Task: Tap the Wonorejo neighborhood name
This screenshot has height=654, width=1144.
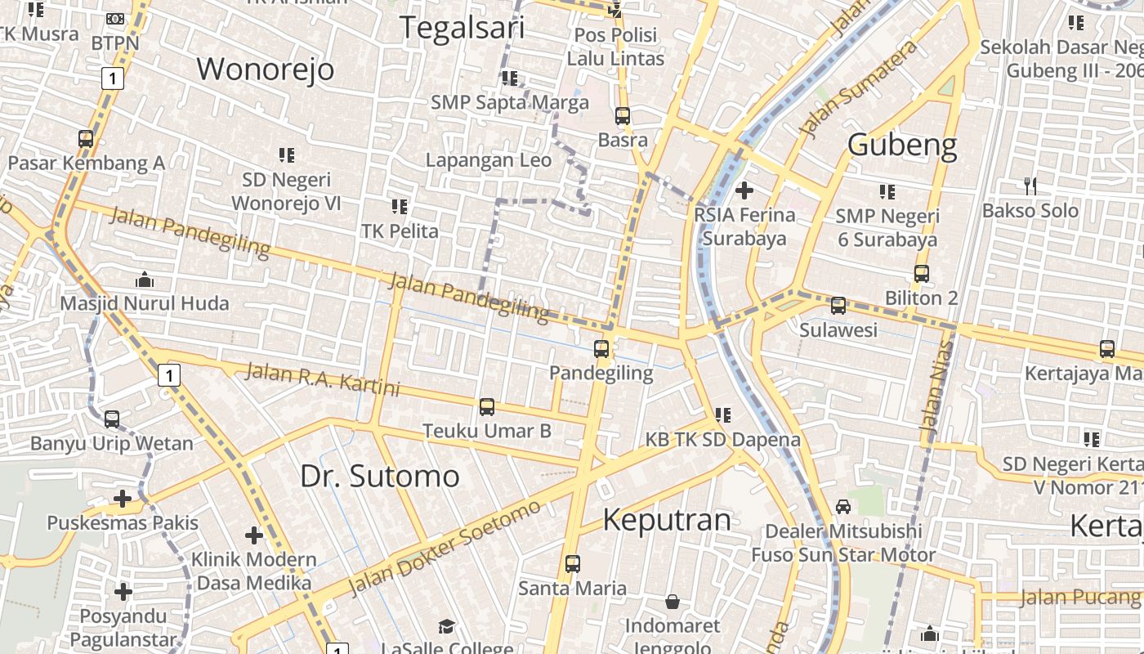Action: pyautogui.click(x=266, y=69)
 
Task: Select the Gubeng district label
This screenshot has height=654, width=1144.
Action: pyautogui.click(x=902, y=145)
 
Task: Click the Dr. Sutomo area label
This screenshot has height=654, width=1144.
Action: pyautogui.click(x=379, y=476)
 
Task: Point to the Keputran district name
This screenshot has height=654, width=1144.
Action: pyautogui.click(x=667, y=520)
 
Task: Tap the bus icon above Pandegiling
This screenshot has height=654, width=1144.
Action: pyautogui.click(x=601, y=349)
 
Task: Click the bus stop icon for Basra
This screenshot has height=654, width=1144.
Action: pyautogui.click(x=623, y=116)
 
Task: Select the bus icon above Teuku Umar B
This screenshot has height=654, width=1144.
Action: pyautogui.click(x=487, y=406)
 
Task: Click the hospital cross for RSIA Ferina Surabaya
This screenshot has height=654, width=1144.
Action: pyautogui.click(x=744, y=190)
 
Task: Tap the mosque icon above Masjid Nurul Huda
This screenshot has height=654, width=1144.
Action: pyautogui.click(x=145, y=280)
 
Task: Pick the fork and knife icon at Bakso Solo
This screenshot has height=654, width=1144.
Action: pyautogui.click(x=1030, y=186)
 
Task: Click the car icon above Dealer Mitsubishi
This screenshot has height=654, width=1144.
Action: pyautogui.click(x=843, y=507)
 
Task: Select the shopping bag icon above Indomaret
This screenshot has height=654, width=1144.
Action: pyautogui.click(x=672, y=602)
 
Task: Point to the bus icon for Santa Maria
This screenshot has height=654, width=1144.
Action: pyautogui.click(x=573, y=563)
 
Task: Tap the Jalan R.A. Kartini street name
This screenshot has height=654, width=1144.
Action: pyautogui.click(x=323, y=379)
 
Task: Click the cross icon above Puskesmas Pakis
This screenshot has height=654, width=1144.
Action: pyautogui.click(x=123, y=498)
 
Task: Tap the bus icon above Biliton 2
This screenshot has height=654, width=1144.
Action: pyautogui.click(x=922, y=274)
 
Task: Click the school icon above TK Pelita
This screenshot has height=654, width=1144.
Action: pyautogui.click(x=400, y=207)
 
